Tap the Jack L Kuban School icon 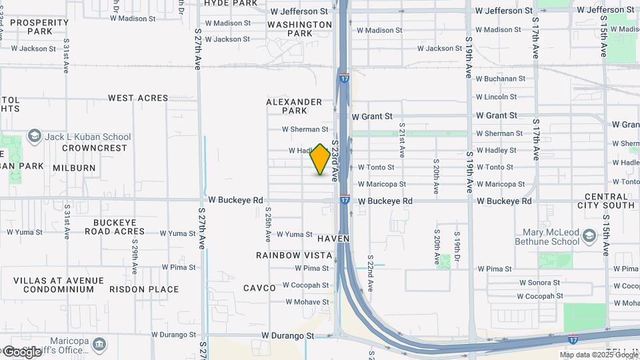[33, 137]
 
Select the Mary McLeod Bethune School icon [589, 236]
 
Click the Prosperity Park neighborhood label [39, 27]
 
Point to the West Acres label [138, 98]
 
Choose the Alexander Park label [294, 106]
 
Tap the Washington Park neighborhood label [299, 29]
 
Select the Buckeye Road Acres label [115, 227]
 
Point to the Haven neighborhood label [333, 238]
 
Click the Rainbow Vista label [294, 255]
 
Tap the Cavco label [259, 288]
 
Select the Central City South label [609, 201]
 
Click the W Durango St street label [287, 335]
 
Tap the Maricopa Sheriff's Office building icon [100, 345]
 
